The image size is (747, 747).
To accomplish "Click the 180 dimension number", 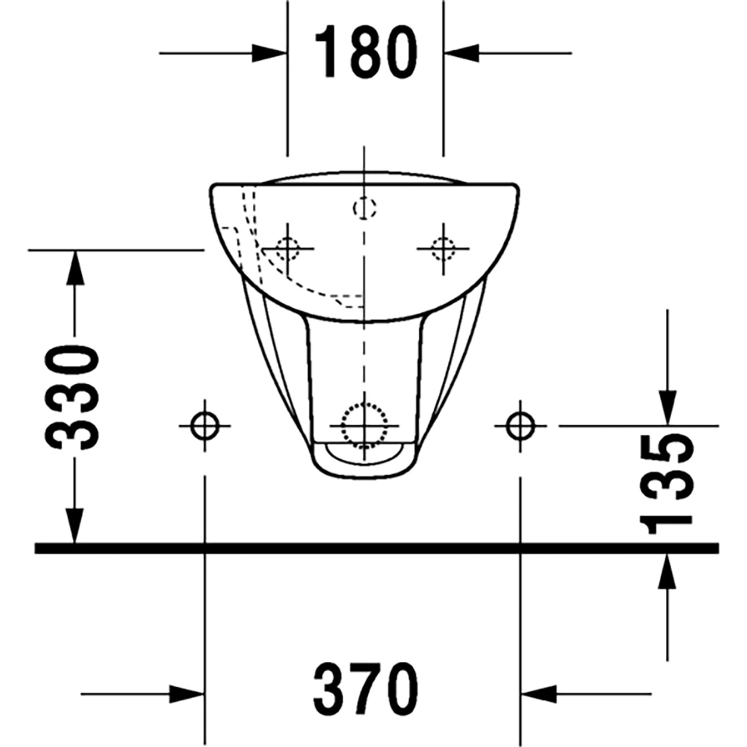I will click(366, 52).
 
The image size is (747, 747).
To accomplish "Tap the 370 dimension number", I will click(366, 690).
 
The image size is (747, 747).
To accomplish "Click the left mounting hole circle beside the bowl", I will click(205, 426).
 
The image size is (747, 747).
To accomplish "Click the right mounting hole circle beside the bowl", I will click(520, 426).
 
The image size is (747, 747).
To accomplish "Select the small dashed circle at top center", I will click(365, 207).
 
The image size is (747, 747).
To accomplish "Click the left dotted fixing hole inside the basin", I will click(287, 248).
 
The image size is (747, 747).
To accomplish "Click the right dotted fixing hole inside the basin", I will click(443, 248).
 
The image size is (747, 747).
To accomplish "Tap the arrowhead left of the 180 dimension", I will click(269, 53).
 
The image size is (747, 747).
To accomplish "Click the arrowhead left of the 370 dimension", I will click(186, 694).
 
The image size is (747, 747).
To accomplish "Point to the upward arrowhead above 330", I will click(75, 267).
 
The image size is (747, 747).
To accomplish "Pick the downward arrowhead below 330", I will click(75, 525).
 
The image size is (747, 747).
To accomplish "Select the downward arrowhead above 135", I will click(667, 407).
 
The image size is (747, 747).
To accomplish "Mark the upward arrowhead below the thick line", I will click(667, 572).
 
